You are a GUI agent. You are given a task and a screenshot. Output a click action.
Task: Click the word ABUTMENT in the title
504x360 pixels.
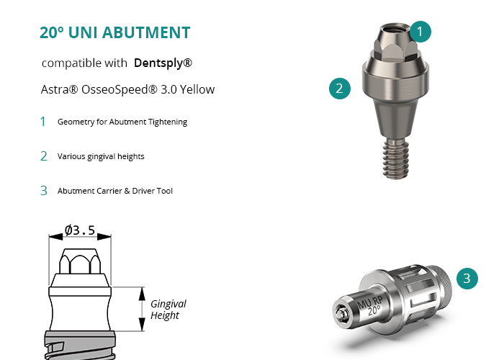[x=146, y=32]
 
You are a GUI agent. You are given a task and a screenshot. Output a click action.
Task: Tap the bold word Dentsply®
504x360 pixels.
[x=163, y=63]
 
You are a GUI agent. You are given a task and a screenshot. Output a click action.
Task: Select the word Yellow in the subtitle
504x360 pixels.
[x=197, y=89]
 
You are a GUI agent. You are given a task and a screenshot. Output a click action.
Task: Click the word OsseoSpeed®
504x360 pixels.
[x=120, y=90]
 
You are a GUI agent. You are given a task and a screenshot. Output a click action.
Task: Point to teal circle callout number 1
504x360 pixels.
[x=420, y=32]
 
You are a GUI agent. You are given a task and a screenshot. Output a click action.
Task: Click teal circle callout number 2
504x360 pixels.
[x=340, y=89]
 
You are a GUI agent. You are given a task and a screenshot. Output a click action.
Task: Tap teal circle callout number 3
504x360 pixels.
[x=467, y=279]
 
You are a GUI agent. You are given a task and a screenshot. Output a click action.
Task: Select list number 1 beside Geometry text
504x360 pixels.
[x=43, y=122]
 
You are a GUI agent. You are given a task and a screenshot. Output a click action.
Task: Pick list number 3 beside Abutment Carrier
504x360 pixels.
[x=44, y=191]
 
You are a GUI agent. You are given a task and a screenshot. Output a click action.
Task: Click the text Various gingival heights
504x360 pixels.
[x=101, y=156]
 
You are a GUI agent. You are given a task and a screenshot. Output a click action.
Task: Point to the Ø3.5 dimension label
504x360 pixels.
[x=80, y=230]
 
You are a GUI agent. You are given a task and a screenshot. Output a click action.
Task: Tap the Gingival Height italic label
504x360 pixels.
[x=168, y=309]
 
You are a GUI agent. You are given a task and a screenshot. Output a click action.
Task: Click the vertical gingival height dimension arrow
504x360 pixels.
[x=142, y=309]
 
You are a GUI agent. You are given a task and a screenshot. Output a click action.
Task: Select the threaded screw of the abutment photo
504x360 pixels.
[x=396, y=158]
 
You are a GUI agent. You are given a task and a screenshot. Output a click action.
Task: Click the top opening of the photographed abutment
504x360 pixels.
[x=395, y=28]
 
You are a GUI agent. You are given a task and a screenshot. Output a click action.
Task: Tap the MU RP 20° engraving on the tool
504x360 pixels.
[x=371, y=306]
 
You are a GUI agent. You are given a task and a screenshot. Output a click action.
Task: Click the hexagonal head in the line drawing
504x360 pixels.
[x=80, y=261]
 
